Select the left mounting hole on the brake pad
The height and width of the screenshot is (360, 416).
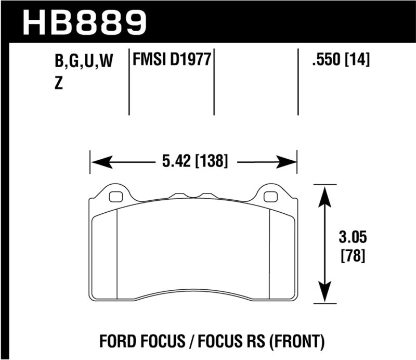(x=116, y=197)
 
